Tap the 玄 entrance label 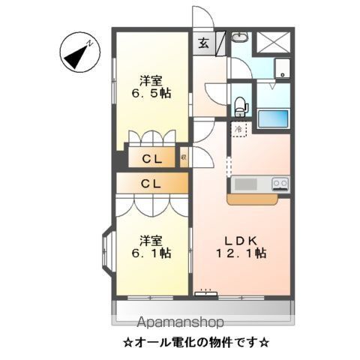[x=204, y=43]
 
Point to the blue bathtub [x=273, y=118]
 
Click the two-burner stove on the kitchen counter [x=280, y=183]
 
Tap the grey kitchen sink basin [x=245, y=184]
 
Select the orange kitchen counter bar [x=257, y=198]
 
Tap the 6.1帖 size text [x=151, y=254]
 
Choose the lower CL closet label [x=151, y=182]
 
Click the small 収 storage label [x=184, y=158]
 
